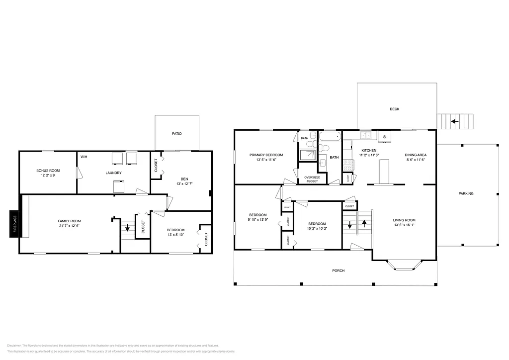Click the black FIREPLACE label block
(14, 223)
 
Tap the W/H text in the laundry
(84, 157)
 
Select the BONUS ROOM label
(48, 171)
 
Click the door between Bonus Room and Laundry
(78, 173)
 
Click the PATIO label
(176, 134)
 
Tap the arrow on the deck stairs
(455, 120)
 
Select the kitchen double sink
(366, 135)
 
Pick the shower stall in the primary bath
(308, 155)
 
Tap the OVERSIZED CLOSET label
(312, 179)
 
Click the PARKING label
(466, 193)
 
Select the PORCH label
(338, 270)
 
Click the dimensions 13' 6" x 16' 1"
(404, 225)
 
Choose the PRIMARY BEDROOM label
(266, 155)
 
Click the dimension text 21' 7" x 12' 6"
(69, 226)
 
